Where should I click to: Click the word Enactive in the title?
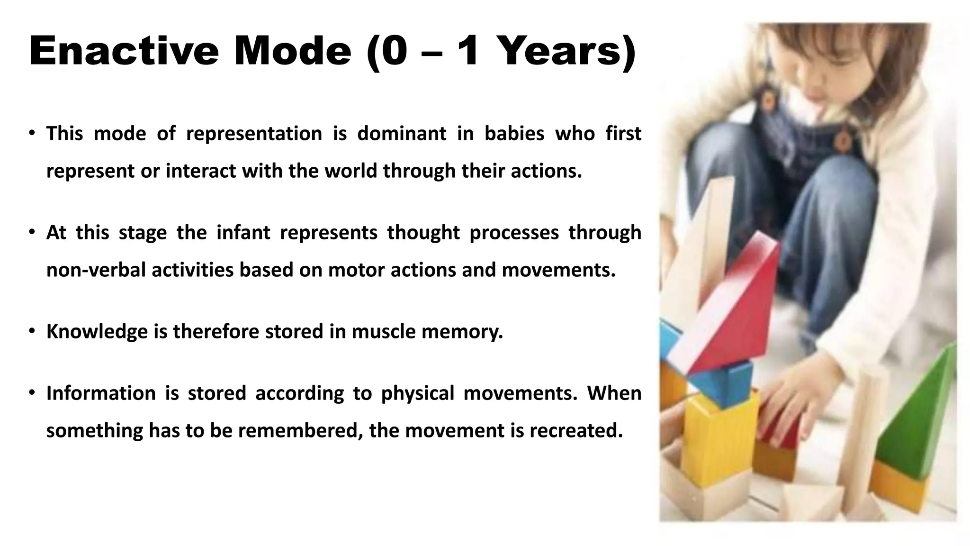[124, 51]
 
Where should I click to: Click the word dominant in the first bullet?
[402, 134]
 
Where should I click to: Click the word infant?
[243, 233]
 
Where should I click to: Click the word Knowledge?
[97, 331]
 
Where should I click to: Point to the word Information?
[101, 393]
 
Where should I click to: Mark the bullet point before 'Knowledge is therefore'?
[32, 331]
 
